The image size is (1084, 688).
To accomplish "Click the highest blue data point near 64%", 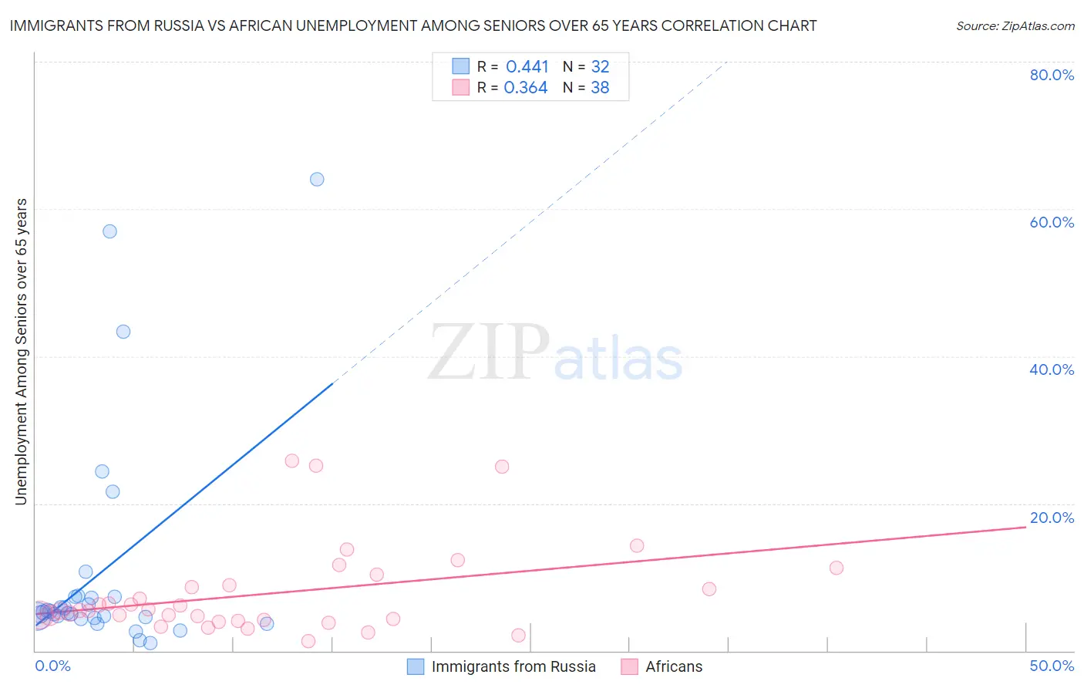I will tap(317, 179).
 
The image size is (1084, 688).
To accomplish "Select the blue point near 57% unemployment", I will tap(109, 231).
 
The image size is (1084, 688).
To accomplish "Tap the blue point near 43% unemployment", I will tap(123, 332).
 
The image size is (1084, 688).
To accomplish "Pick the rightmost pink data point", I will tap(837, 568).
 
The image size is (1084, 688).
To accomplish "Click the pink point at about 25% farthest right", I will tap(502, 467).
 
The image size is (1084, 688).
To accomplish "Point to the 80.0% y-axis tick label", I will tap(1052, 75).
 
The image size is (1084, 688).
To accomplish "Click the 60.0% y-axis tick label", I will tap(1052, 222).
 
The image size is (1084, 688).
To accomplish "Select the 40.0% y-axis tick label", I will tap(1052, 369).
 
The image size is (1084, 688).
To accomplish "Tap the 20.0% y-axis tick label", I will tap(1052, 518).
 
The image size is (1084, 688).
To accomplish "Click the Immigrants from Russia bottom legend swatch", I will tap(416, 666).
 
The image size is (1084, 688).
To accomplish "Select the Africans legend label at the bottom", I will tap(674, 666).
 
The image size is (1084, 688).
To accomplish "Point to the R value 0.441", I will tap(527, 67).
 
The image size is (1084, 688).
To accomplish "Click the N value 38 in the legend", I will tap(600, 88).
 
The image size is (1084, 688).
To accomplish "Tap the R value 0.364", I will tap(526, 88).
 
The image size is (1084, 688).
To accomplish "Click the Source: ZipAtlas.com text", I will tap(1015, 26).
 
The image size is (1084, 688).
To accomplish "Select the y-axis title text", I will tap(21, 352).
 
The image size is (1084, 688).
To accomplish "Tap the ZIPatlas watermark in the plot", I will tap(555, 353).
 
